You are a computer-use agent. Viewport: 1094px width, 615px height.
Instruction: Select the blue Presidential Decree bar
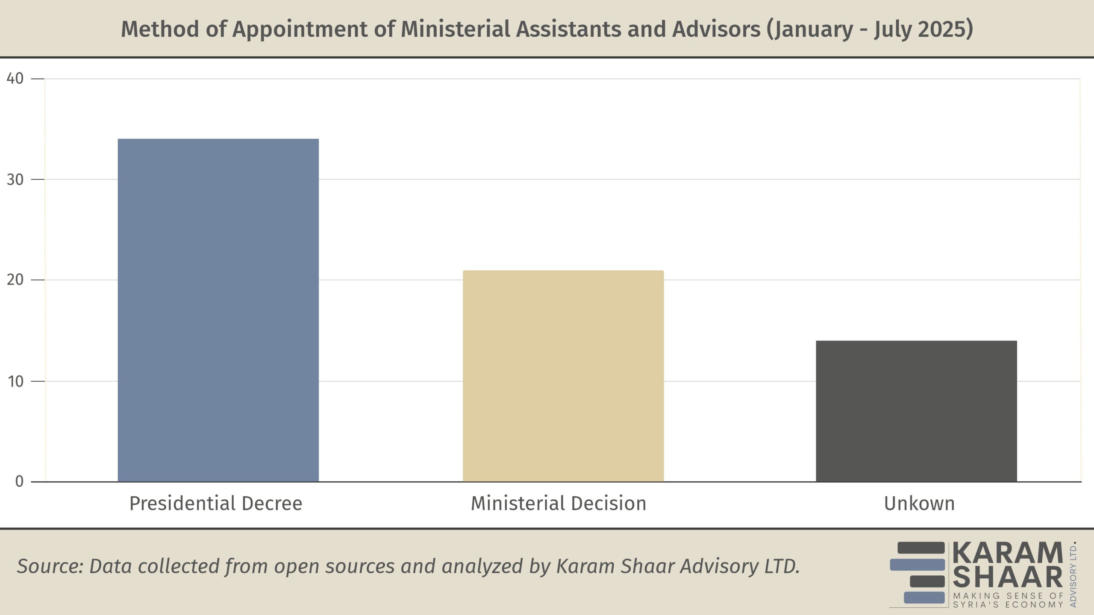218,310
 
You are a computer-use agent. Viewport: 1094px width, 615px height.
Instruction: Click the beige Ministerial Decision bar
563,376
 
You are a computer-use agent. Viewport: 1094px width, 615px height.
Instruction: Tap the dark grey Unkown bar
916,411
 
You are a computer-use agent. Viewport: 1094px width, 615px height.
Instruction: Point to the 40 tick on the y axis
15,79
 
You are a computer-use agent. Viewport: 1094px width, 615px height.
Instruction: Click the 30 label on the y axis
15,179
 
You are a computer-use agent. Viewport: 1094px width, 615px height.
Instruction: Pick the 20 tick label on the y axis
15,280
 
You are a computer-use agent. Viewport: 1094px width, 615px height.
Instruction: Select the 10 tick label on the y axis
15,381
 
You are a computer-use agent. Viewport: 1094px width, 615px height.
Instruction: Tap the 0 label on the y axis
19,482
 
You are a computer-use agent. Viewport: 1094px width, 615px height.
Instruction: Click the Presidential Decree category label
216,504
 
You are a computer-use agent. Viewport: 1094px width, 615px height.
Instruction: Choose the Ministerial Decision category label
559,504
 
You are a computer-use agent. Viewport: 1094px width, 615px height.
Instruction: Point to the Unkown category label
919,504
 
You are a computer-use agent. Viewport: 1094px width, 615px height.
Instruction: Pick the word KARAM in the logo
1008,553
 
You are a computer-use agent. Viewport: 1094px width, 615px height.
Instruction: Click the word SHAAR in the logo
1008,577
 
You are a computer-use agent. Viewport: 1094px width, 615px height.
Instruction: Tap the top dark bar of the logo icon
921,548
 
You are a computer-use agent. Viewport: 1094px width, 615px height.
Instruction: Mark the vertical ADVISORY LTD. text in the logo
1073,574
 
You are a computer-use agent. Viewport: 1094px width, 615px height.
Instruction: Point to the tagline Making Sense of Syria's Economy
1008,600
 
